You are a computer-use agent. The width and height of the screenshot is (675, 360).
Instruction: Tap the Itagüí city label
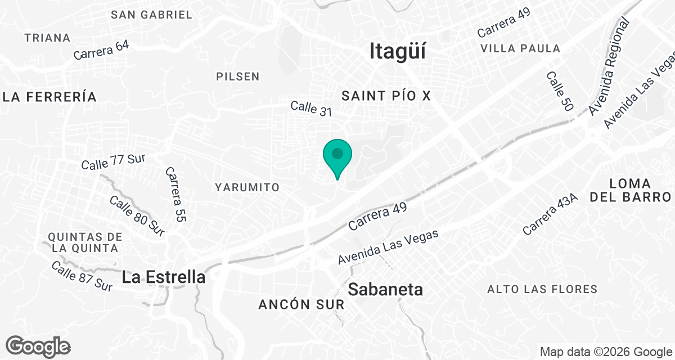(397, 51)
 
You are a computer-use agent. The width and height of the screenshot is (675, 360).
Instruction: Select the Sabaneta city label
(385, 290)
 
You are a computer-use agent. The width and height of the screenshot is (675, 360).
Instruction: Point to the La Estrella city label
(163, 277)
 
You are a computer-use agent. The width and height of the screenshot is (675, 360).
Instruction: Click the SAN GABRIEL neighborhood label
(152, 15)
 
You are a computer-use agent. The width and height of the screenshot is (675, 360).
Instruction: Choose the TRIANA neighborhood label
(48, 38)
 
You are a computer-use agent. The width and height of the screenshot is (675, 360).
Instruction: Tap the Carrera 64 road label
(101, 50)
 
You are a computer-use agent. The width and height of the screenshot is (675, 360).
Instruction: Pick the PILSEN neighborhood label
(238, 76)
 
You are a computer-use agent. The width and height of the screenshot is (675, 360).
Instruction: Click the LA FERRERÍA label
(49, 97)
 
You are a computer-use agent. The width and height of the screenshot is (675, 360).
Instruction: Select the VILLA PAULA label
(520, 48)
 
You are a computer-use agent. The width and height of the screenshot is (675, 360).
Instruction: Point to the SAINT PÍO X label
(386, 96)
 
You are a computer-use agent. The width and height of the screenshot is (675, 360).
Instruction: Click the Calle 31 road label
(311, 109)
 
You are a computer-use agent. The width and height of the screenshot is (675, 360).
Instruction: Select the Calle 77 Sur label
(113, 161)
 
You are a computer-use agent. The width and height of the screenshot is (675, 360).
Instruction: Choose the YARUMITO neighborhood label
(247, 187)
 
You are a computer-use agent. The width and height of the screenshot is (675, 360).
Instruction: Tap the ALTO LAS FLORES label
(542, 289)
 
